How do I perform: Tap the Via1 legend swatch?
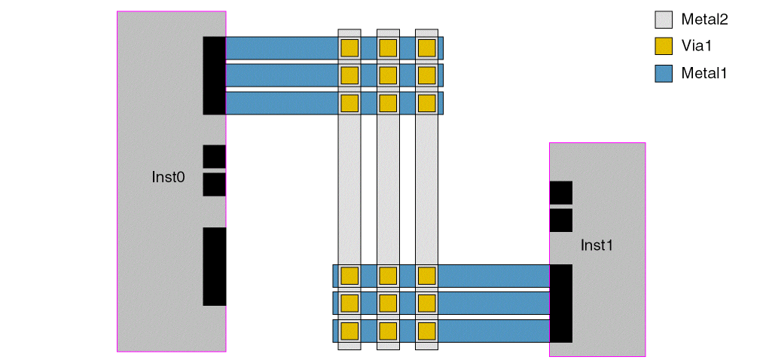tap(664, 46)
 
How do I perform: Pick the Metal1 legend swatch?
tap(664, 73)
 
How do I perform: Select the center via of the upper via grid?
tap(388, 75)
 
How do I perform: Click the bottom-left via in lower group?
tap(349, 331)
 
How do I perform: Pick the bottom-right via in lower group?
tap(427, 331)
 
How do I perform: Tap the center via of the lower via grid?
tap(388, 303)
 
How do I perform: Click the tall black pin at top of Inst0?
tap(214, 75)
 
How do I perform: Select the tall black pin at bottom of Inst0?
tap(214, 266)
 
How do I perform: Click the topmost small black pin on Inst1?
tap(560, 192)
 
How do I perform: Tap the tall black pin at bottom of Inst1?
tap(561, 303)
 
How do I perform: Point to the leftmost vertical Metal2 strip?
tap(349, 188)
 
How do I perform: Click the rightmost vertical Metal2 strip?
tap(427, 188)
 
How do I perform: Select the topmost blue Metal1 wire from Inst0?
tap(282, 48)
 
